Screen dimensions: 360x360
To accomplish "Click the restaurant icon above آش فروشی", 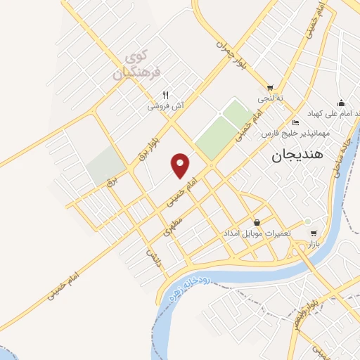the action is (166, 95).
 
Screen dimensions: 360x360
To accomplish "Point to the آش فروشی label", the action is (165, 106).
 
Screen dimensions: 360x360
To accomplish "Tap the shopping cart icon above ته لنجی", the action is (270, 87).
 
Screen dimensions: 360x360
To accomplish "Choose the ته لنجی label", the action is (270, 98).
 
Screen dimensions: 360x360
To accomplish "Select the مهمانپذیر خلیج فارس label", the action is (291, 132).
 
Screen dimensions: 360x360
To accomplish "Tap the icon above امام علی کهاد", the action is (341, 102).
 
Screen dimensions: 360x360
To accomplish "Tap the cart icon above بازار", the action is (313, 233).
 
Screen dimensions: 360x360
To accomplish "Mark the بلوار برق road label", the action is (143, 147).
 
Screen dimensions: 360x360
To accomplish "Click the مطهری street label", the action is (173, 224).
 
